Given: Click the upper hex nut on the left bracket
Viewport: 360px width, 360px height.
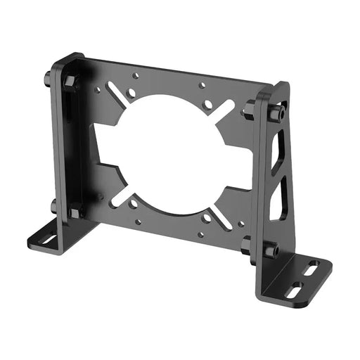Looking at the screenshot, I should click(70, 82).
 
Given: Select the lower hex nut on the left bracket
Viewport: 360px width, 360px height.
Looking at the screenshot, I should click(75, 211).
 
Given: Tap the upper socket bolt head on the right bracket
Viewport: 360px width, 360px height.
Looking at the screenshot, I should click(278, 112).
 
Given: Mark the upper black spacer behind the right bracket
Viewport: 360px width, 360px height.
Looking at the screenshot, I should click(248, 110).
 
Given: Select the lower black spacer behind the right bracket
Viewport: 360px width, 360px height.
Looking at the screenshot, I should click(246, 245).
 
